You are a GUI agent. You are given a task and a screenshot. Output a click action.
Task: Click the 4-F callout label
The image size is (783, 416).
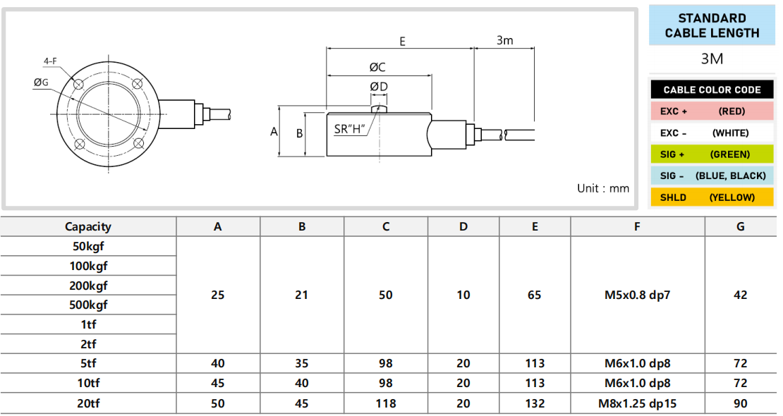[x=50, y=61]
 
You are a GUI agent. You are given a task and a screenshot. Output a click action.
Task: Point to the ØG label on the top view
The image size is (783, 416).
[x=41, y=82]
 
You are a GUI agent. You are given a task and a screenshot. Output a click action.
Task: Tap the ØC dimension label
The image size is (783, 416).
[x=377, y=67]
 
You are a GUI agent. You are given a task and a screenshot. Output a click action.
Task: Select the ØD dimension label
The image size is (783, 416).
[x=379, y=87]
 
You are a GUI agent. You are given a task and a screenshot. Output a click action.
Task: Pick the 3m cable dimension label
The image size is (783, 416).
[x=504, y=40]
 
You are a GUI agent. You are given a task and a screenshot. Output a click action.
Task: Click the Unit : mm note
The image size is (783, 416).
[x=602, y=188]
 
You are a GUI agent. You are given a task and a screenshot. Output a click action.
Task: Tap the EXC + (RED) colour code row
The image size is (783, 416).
[x=712, y=111]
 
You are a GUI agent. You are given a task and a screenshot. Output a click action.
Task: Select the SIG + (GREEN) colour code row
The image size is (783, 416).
[x=712, y=154]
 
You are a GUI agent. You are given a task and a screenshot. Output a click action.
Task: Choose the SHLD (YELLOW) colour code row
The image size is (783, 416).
[x=712, y=197]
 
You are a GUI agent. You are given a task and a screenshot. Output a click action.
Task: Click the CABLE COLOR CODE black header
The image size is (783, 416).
[x=712, y=90]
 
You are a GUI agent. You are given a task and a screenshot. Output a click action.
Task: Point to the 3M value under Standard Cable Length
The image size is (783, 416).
[x=712, y=59]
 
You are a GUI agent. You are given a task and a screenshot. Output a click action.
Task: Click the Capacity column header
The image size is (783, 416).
[x=88, y=226]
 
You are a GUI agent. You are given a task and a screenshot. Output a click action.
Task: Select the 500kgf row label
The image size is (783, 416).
[x=88, y=305]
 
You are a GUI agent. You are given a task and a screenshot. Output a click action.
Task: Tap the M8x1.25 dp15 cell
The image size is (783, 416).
[x=637, y=403]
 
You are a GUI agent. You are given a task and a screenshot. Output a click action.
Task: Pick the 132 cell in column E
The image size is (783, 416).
[x=535, y=403]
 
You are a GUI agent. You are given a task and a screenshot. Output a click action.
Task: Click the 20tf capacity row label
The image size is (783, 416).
[x=88, y=403]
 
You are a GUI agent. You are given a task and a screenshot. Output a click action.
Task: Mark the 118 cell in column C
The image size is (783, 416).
[x=386, y=403]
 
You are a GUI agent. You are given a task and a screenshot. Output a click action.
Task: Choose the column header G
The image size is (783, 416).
[x=740, y=226]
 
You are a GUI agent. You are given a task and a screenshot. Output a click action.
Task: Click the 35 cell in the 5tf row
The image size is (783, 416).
[x=302, y=363]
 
